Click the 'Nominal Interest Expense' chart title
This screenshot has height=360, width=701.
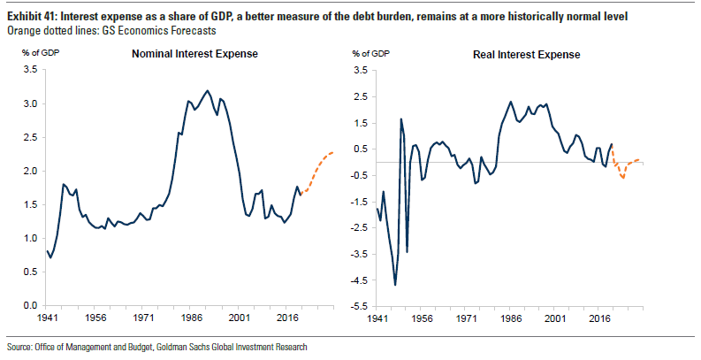click(x=194, y=54)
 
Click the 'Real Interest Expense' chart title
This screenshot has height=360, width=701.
click(x=526, y=54)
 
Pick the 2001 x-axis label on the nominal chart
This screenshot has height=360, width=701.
click(x=236, y=316)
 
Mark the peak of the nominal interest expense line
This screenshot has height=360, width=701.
click(x=207, y=90)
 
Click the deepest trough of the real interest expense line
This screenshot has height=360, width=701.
click(x=394, y=285)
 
